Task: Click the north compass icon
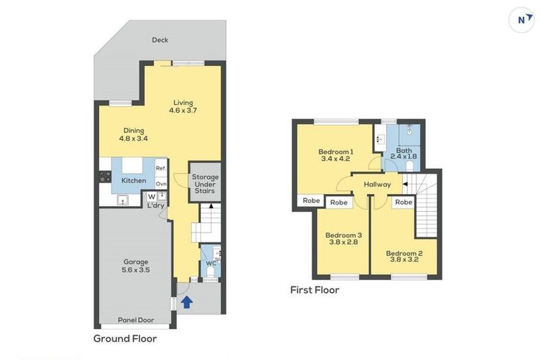(x=521, y=20)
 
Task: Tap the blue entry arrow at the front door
(x=186, y=302)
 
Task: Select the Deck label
(x=160, y=40)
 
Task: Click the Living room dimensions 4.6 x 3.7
(x=183, y=110)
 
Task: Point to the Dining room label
(x=134, y=131)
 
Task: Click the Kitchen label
(x=134, y=181)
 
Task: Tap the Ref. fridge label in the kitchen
(x=161, y=169)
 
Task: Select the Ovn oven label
(x=161, y=184)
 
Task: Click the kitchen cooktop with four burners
(x=105, y=176)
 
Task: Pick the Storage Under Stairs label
(x=205, y=184)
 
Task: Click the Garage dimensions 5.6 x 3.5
(x=136, y=270)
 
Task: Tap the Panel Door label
(x=136, y=320)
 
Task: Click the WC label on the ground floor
(x=211, y=264)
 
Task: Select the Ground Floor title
(x=125, y=339)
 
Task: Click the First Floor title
(x=314, y=290)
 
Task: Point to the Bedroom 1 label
(x=336, y=152)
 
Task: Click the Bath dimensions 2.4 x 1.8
(x=404, y=156)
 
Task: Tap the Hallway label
(x=378, y=185)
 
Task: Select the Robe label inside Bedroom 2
(x=404, y=202)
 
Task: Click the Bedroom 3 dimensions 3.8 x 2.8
(x=343, y=242)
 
